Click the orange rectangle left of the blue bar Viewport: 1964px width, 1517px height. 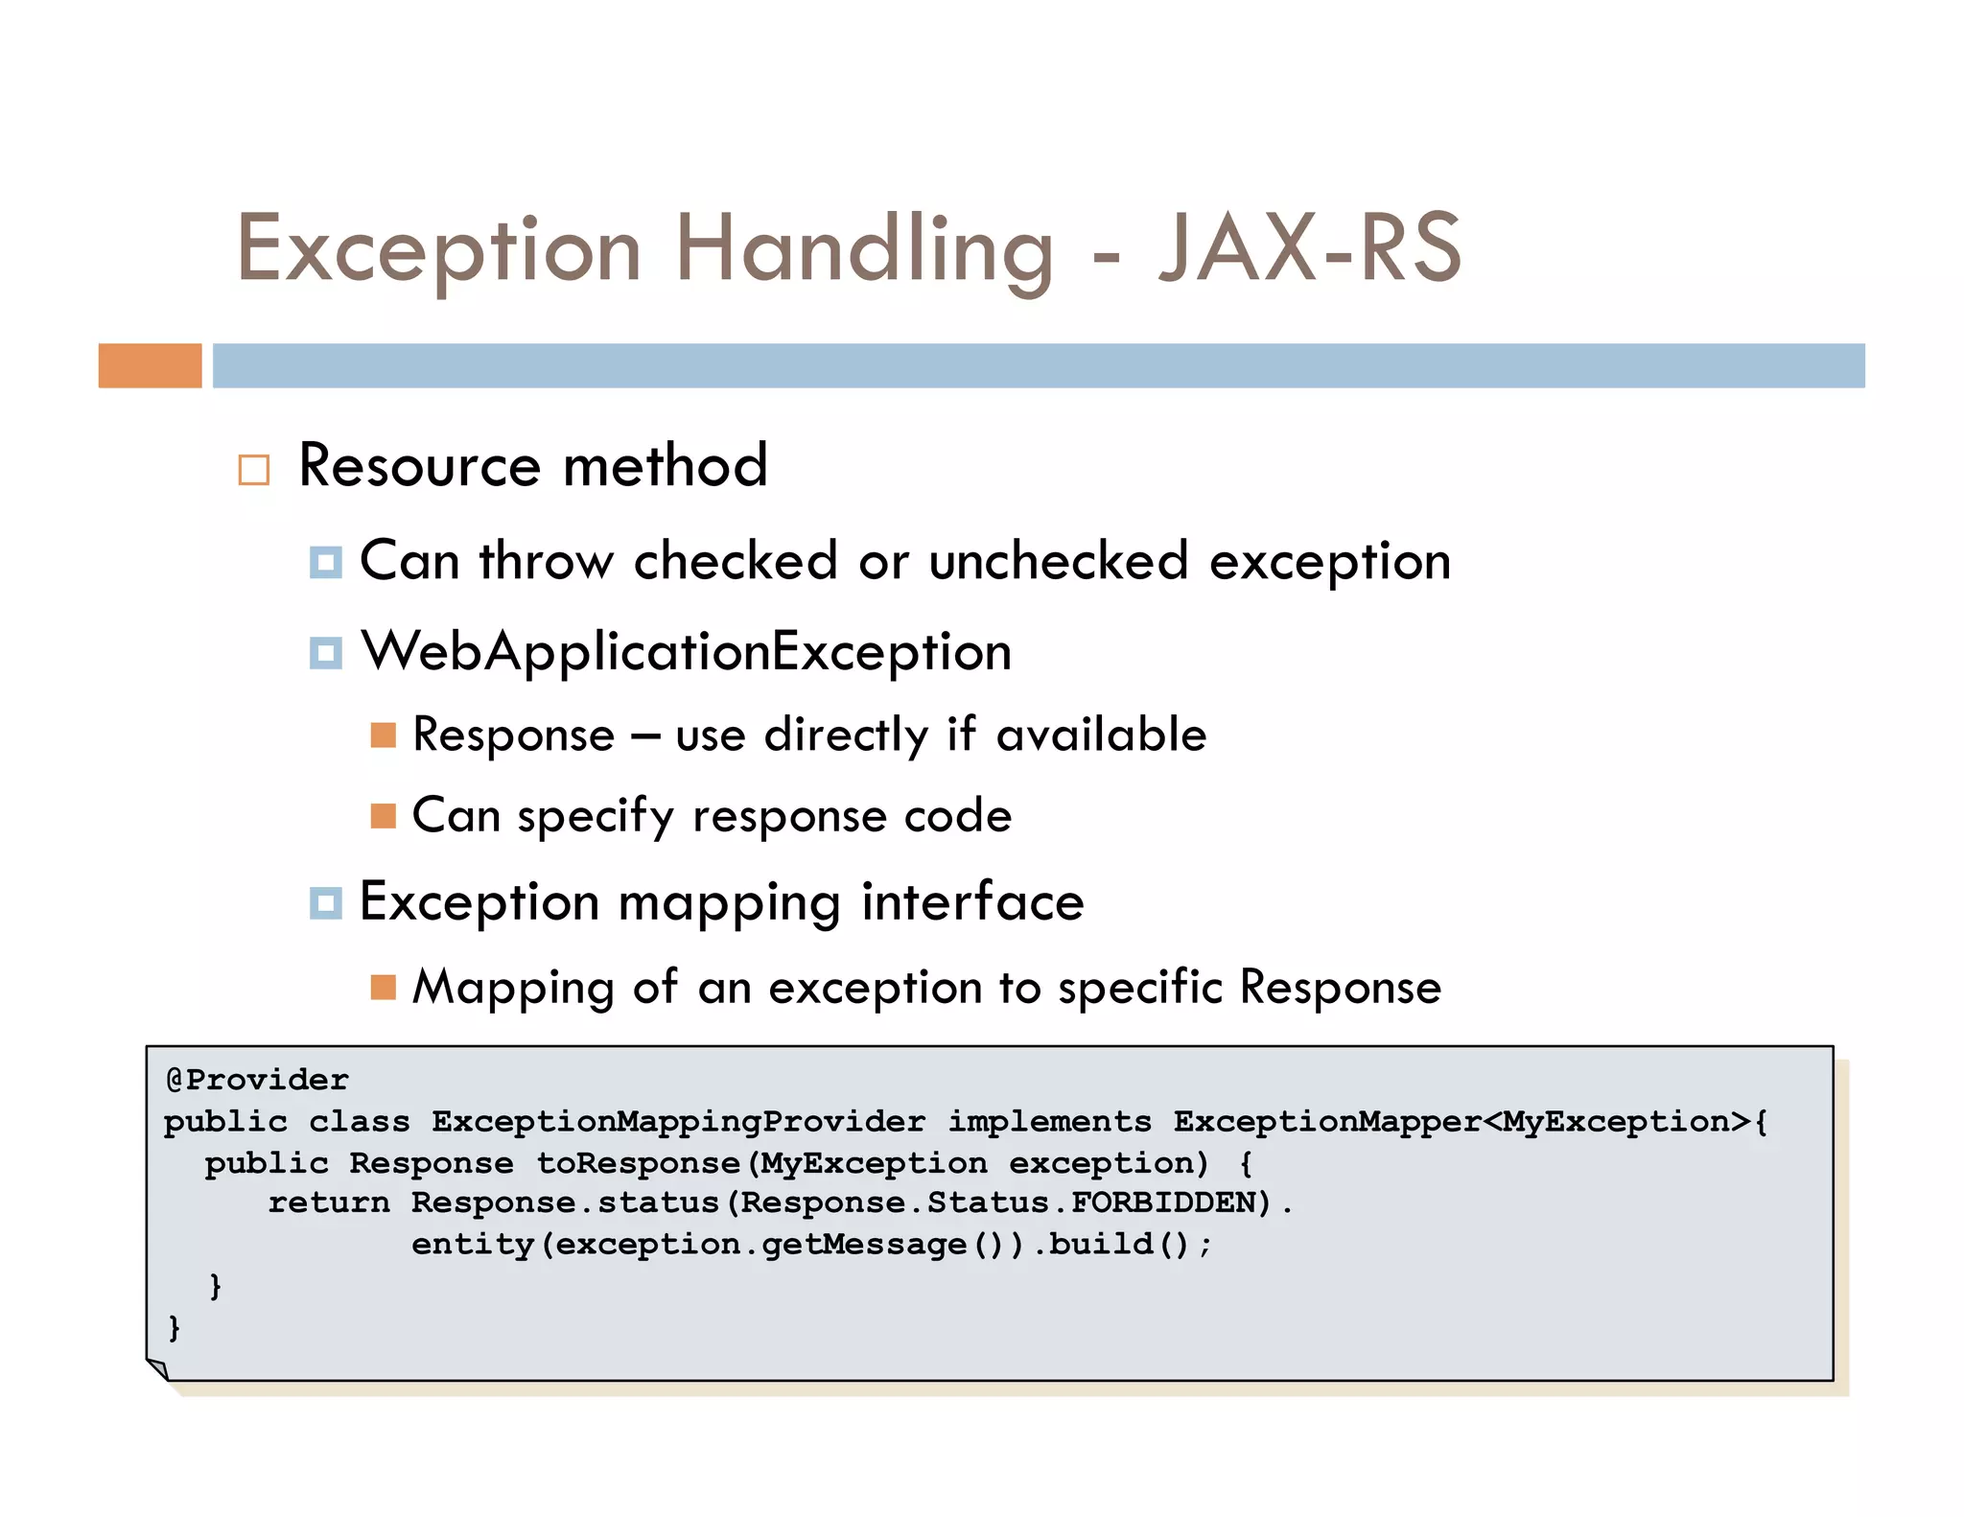coord(150,365)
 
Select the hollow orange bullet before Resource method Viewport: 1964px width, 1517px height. coord(254,470)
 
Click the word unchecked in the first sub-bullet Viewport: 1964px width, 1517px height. coord(1058,561)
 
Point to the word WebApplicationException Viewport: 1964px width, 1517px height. coord(686,652)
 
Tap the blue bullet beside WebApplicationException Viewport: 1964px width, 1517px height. coord(326,653)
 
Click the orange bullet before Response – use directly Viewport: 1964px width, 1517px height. coord(383,735)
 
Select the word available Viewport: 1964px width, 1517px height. coord(1101,735)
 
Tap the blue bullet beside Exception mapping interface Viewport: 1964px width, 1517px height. coord(326,902)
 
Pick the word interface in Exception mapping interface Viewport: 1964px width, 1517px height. coord(971,902)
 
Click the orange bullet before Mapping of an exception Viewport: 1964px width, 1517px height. coord(383,987)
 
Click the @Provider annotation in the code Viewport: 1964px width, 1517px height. coord(257,1080)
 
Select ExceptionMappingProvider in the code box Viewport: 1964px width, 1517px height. coord(678,1121)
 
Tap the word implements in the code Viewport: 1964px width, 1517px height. coord(1049,1121)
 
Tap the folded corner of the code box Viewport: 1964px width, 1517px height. coord(158,1369)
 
